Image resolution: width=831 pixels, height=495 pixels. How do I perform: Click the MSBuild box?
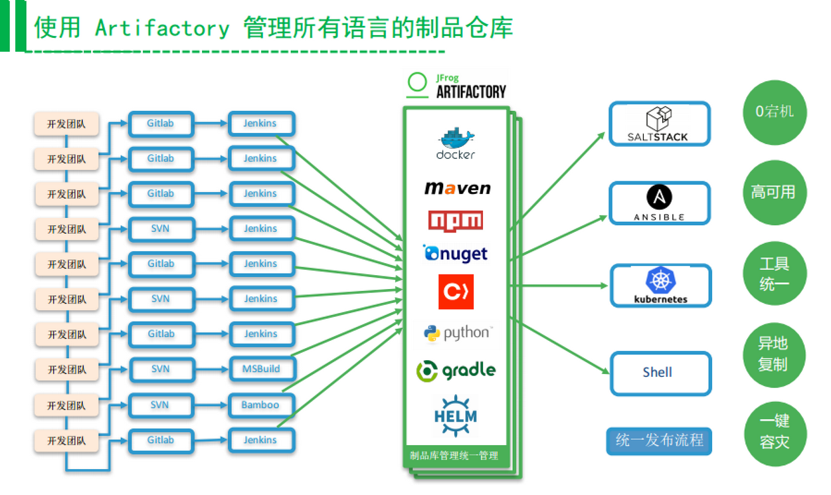click(261, 369)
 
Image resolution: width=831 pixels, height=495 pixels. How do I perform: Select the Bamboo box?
click(261, 405)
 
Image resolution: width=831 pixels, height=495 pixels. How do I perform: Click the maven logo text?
click(457, 188)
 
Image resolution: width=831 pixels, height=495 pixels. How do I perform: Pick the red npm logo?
click(456, 220)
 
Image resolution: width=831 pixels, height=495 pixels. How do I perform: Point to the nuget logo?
click(456, 253)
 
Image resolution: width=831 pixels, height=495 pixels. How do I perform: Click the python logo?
click(457, 332)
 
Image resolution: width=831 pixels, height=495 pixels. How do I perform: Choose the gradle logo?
click(456, 370)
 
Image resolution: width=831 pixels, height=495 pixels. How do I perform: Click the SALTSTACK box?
click(659, 124)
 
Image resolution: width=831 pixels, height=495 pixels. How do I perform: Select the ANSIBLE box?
click(659, 203)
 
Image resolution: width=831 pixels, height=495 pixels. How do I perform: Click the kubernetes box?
click(660, 286)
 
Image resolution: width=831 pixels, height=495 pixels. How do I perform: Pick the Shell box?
click(660, 373)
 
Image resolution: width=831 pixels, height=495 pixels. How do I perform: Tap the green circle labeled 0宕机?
click(775, 112)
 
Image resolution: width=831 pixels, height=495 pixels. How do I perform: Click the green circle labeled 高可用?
click(773, 193)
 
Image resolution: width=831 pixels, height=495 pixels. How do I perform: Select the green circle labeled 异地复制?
click(773, 353)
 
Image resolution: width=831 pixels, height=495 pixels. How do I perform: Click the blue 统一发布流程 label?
click(659, 441)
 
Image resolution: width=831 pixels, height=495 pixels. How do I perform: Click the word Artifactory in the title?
click(162, 28)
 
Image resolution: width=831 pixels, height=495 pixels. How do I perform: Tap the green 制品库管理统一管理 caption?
click(454, 456)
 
